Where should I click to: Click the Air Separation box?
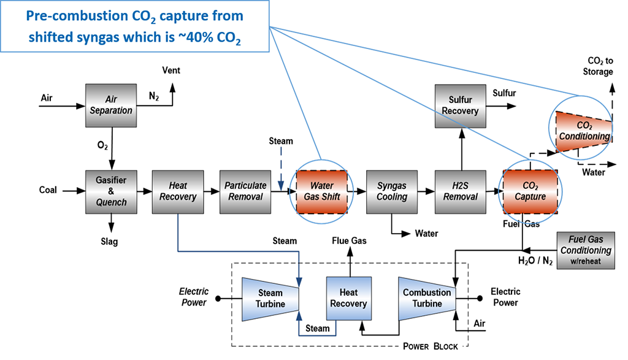[x=110, y=105]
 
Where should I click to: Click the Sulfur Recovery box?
[x=460, y=105]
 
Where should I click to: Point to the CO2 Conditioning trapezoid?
[x=583, y=131]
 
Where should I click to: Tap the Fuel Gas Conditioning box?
[x=585, y=250]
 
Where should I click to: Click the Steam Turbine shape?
[x=269, y=298]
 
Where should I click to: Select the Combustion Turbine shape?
[x=426, y=298]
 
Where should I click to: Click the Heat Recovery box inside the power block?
[x=348, y=298]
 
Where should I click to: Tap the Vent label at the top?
[x=171, y=71]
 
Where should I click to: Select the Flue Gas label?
[x=349, y=241]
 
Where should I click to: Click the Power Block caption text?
[x=430, y=347]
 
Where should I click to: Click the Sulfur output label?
[x=504, y=93]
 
